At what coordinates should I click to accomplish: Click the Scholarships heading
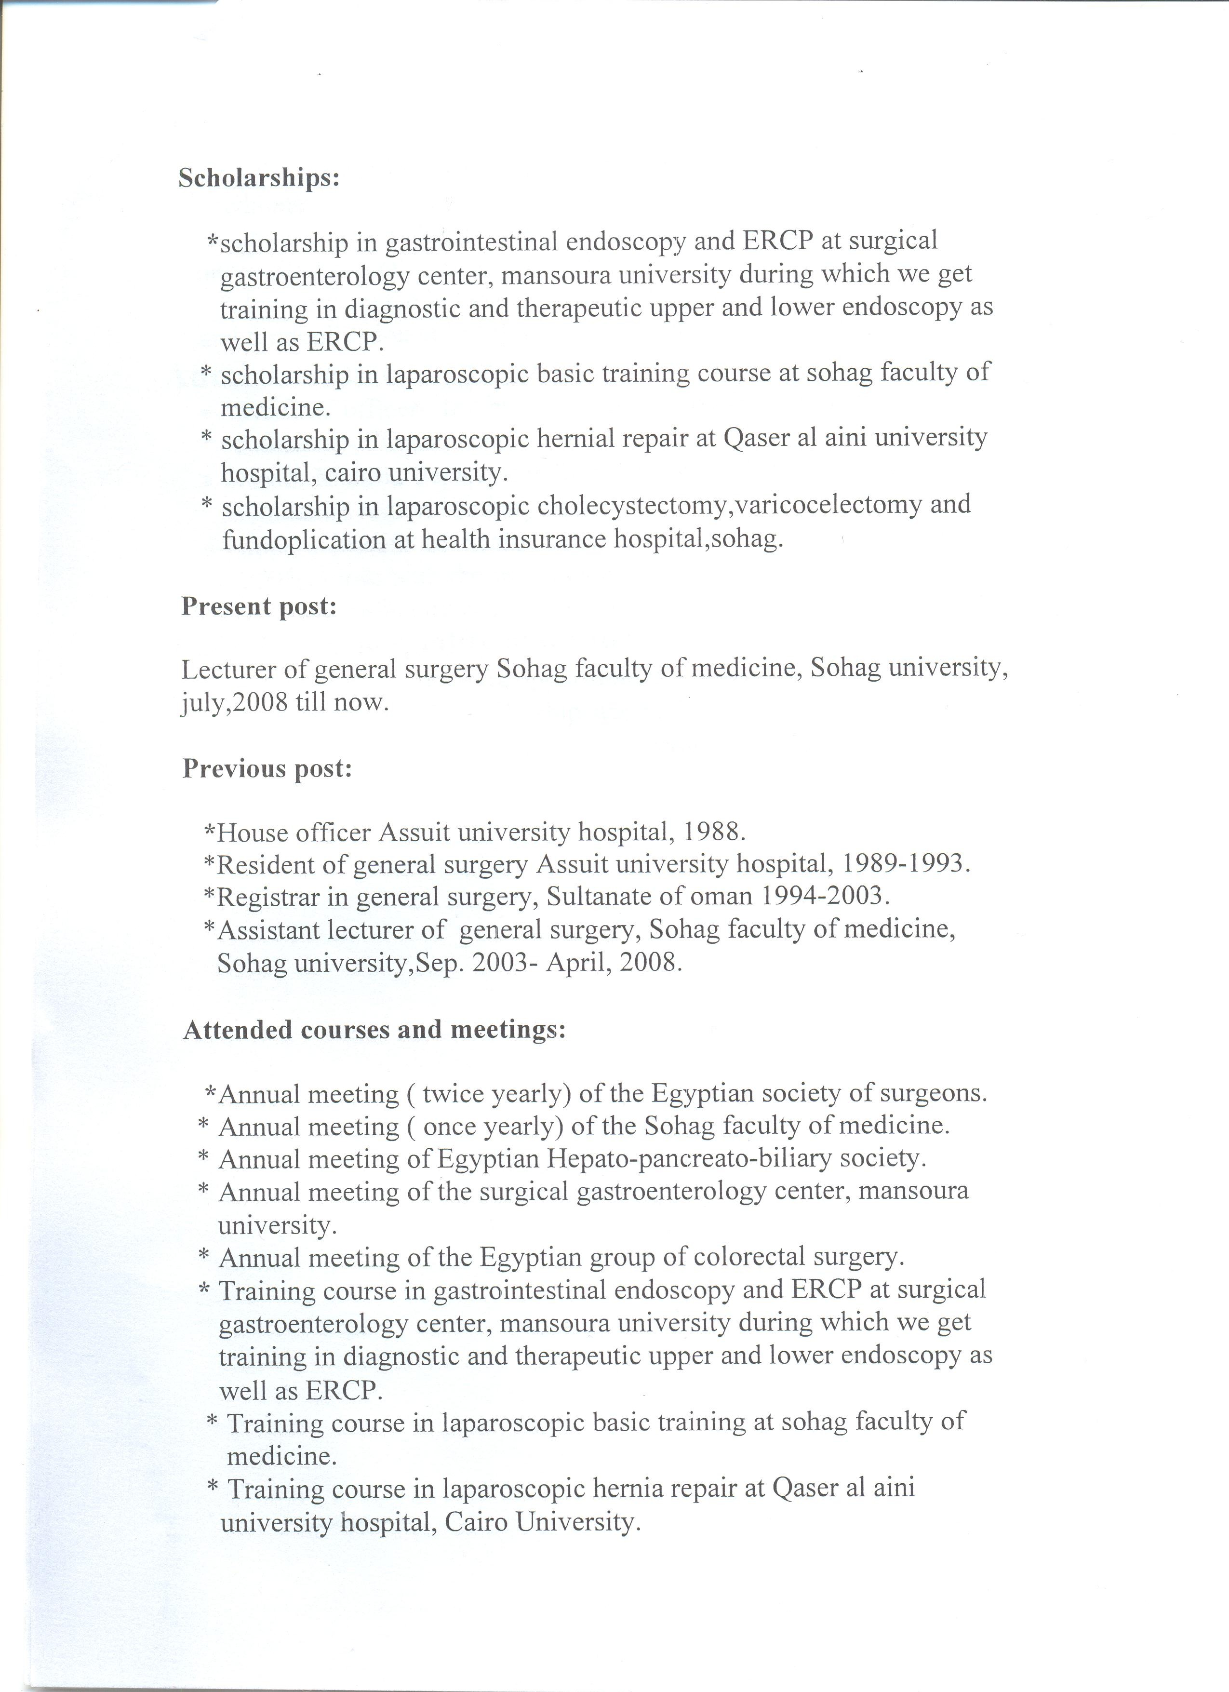click(x=259, y=179)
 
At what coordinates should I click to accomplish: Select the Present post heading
click(x=259, y=606)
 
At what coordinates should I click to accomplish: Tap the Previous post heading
click(x=267, y=768)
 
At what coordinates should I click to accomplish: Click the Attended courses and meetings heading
click(x=374, y=1030)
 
